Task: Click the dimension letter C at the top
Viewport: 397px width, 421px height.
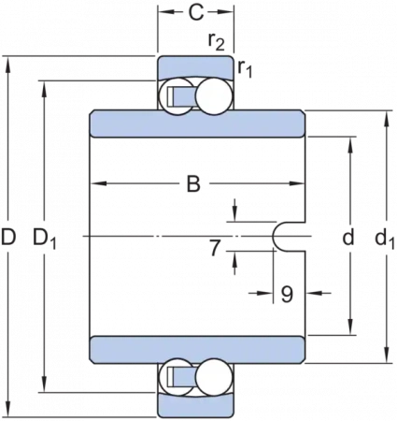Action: point(196,13)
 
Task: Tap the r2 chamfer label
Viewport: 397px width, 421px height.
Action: point(217,41)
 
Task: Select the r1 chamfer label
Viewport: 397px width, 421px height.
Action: point(245,68)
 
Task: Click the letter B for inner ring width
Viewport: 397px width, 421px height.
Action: point(193,183)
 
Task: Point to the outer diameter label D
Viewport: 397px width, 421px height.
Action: point(8,237)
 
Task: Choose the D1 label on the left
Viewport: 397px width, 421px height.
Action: point(45,239)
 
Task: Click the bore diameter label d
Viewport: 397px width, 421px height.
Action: point(348,237)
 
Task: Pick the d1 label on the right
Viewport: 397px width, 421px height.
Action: point(385,239)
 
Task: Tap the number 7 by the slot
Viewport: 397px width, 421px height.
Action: point(215,248)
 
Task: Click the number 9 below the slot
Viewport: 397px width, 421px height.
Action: point(287,294)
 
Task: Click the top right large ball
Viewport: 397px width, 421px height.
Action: point(215,96)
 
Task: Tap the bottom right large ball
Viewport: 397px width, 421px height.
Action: point(215,377)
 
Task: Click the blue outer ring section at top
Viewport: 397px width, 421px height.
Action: point(195,66)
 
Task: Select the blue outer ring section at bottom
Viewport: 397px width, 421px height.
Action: point(195,405)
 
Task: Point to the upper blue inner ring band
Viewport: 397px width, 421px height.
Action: point(197,123)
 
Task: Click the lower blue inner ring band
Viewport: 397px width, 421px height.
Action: point(197,350)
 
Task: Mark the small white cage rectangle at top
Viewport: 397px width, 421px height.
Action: point(170,96)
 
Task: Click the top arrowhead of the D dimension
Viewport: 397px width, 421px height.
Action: point(8,65)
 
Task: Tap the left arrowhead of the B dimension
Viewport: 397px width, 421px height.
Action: point(98,183)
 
